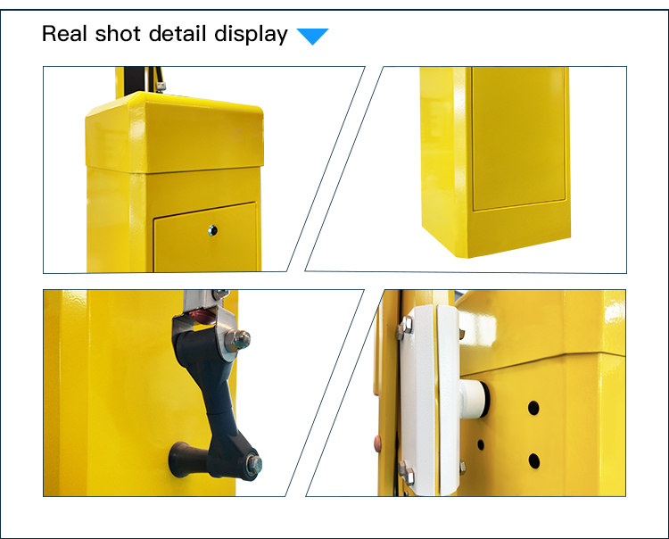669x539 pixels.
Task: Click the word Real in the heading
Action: click(64, 34)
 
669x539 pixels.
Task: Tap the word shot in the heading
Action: click(118, 34)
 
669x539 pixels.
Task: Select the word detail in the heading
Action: click(178, 34)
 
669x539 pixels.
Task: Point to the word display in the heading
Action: click(251, 35)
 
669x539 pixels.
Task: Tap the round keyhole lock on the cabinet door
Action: click(213, 230)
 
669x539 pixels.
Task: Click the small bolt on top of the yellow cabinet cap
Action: click(161, 87)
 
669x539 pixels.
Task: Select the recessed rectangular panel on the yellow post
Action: click(519, 138)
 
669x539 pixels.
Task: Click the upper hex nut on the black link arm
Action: click(238, 340)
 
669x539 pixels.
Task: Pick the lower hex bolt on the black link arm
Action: click(254, 464)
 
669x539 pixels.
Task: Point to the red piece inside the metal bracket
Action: click(200, 316)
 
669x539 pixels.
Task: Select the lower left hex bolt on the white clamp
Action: click(407, 472)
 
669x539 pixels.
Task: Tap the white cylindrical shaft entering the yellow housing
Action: click(474, 398)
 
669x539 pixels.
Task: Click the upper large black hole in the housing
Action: click(533, 408)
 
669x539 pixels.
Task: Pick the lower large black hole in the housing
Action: click(534, 460)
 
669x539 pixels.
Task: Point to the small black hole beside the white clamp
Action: click(481, 444)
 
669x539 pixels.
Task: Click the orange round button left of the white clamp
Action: click(377, 444)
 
